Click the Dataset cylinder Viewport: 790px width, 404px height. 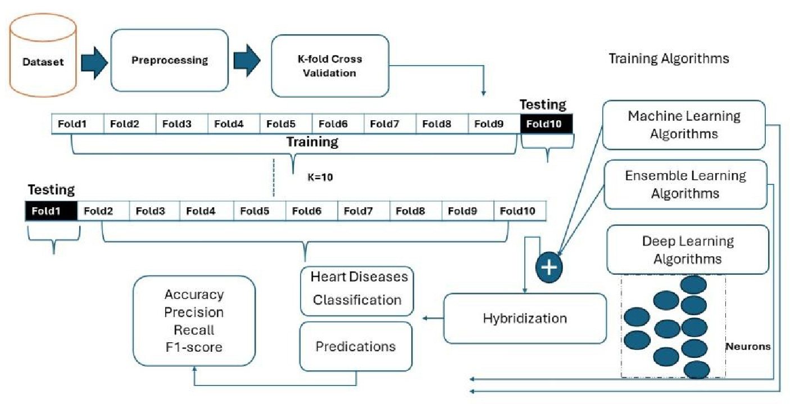[43, 62]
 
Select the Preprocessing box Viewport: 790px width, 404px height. [170, 60]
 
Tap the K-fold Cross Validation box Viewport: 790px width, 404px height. [330, 66]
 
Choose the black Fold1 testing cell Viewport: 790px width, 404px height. [51, 211]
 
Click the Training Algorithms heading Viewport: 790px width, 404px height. [669, 58]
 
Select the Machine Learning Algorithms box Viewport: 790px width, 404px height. [683, 125]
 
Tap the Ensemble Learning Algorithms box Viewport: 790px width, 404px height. [685, 184]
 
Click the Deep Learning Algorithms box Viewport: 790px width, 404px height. [687, 249]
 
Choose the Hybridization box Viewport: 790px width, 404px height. [525, 319]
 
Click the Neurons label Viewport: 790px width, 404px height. [748, 347]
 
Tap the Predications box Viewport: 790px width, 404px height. [356, 346]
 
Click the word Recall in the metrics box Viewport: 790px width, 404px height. [194, 329]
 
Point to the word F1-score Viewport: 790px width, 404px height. [194, 347]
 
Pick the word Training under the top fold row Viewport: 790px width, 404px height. [312, 142]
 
